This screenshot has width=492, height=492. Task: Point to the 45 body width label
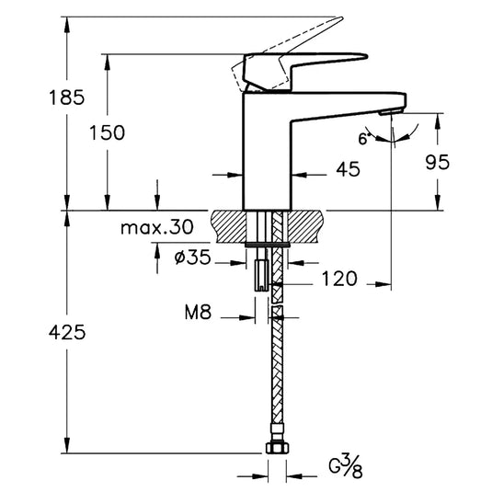tap(347, 168)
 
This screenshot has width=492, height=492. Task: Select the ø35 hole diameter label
tap(191, 259)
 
